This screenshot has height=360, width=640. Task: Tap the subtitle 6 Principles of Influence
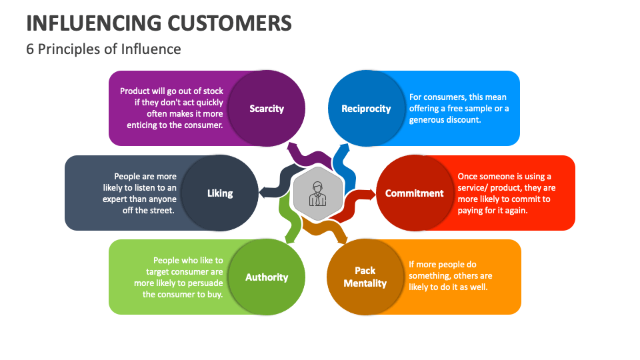103,49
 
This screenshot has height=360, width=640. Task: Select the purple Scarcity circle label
267,109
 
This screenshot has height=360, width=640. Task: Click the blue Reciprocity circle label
366,109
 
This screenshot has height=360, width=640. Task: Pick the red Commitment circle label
414,193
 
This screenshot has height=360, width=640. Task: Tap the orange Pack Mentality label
365,277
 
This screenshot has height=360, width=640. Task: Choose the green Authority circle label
267,277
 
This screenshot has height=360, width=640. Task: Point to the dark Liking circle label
219,193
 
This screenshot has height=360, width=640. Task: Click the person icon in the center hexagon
317,193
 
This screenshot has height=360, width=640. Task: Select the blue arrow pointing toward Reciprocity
341,160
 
